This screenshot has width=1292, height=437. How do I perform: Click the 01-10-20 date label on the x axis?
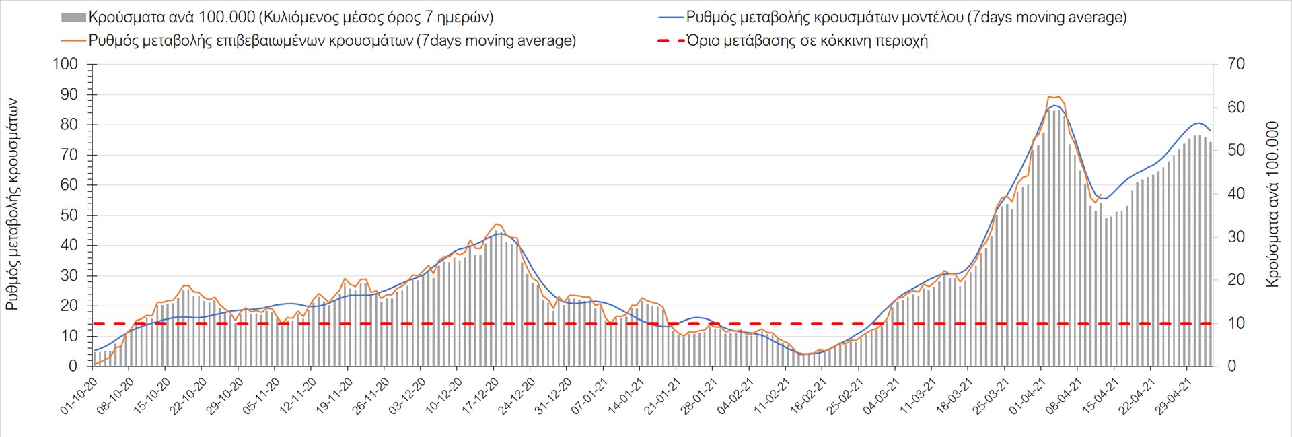point(79,396)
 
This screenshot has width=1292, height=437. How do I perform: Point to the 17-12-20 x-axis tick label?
point(480,396)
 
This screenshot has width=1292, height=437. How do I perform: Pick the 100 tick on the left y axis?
point(65,65)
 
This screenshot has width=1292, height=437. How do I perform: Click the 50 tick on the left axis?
point(69,215)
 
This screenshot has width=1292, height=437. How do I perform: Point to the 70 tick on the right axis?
point(1236,65)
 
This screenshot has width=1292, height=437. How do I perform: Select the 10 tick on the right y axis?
point(1236,323)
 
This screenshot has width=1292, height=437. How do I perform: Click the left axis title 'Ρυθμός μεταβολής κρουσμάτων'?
point(12,204)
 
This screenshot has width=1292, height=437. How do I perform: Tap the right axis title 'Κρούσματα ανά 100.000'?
point(1272,204)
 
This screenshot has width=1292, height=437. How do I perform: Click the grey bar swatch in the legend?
point(73,18)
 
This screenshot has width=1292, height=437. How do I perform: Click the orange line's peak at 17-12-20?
point(497,224)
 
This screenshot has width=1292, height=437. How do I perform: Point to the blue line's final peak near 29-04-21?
point(1198,123)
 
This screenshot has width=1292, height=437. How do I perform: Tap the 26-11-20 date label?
point(371,396)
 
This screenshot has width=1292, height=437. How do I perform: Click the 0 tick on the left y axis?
point(73,366)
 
